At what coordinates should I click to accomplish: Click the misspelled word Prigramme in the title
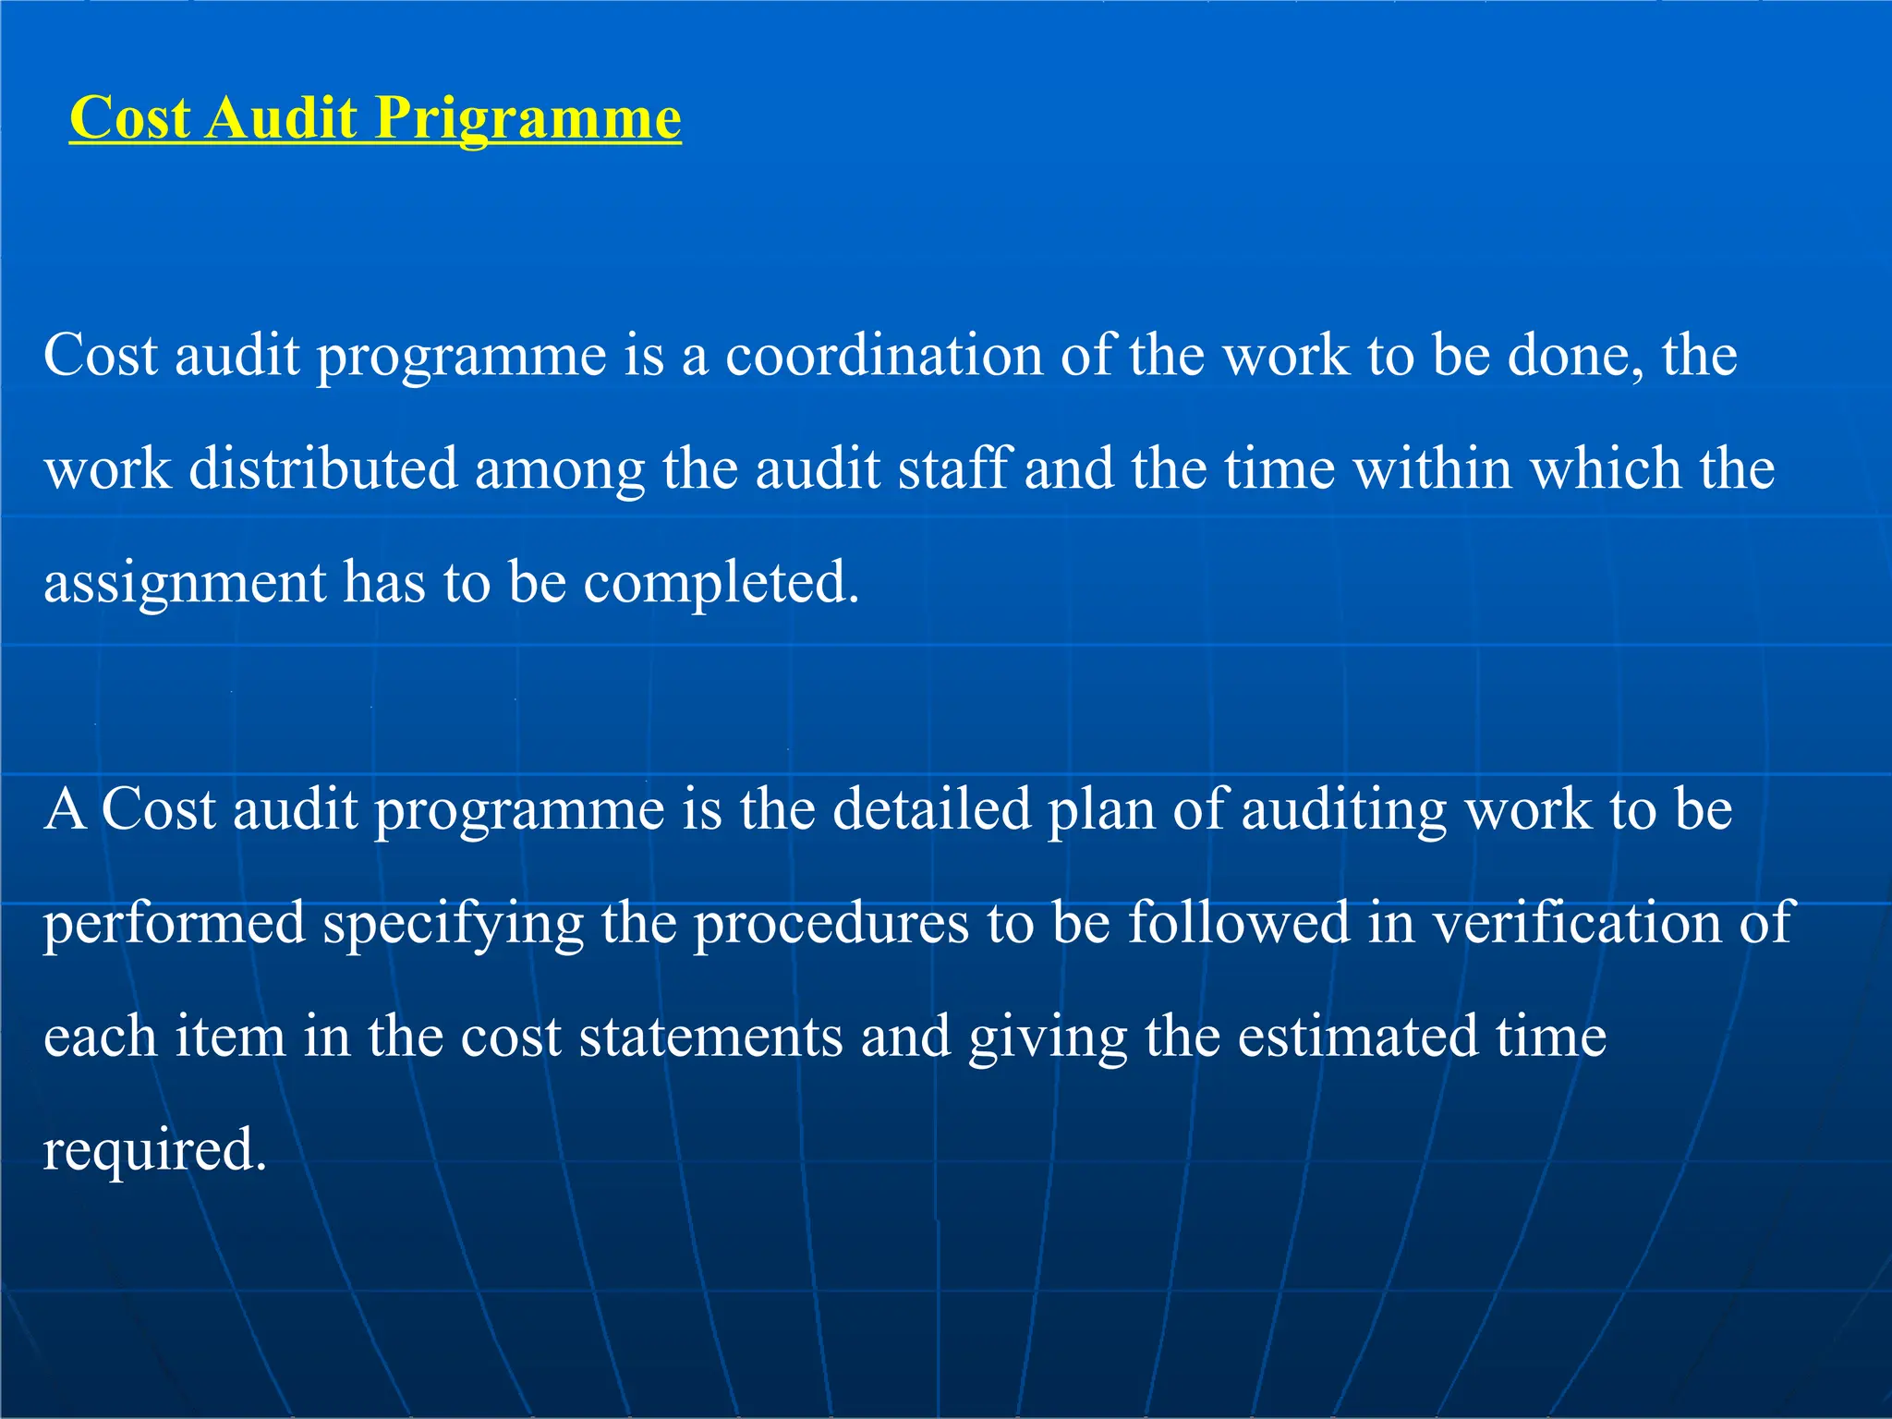tap(528, 120)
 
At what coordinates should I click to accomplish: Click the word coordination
tap(883, 356)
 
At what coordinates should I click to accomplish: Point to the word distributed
tap(322, 469)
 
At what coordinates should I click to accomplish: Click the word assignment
tap(185, 584)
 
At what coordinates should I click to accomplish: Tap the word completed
tap(721, 584)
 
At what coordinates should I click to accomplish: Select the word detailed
tap(931, 809)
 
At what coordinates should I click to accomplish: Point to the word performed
tap(174, 924)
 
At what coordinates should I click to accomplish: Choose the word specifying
tap(454, 925)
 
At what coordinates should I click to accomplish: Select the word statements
tap(710, 1037)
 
